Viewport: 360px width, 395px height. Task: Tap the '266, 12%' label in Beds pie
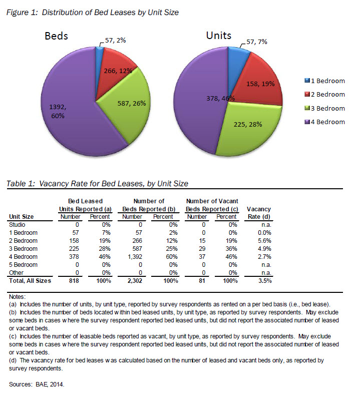pyautogui.click(x=119, y=71)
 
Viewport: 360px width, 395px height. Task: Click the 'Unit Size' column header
pyautogui.click(x=22, y=217)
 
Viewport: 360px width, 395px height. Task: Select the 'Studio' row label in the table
pyautogui.click(x=18, y=225)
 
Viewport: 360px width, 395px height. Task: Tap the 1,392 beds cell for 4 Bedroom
pyautogui.click(x=132, y=257)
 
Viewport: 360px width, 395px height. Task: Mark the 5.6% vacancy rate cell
pyautogui.click(x=263, y=241)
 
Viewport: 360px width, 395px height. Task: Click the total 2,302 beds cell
pyautogui.click(x=132, y=281)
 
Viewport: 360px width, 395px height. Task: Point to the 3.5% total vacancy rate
pyautogui.click(x=263, y=281)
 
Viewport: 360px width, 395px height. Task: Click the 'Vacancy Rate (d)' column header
pyautogui.click(x=259, y=213)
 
